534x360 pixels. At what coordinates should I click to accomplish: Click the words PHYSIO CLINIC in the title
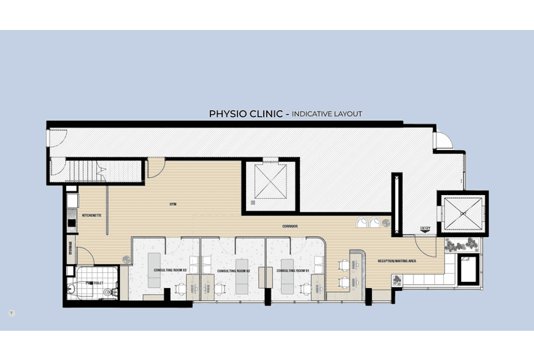(x=246, y=114)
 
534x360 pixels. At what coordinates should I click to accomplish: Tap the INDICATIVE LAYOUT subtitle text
(x=327, y=114)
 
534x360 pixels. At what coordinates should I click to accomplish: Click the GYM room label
(x=172, y=203)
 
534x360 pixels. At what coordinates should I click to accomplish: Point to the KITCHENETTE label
(x=91, y=215)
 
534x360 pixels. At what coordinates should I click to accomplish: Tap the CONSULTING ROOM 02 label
(x=232, y=270)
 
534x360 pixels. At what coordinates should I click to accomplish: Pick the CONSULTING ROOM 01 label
(x=293, y=269)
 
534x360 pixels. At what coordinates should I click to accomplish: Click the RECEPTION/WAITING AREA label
(x=397, y=260)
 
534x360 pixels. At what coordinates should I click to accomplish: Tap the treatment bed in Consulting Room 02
(x=242, y=277)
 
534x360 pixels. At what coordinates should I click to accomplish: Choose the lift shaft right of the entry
(x=463, y=214)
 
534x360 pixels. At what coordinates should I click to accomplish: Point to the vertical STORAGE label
(x=70, y=247)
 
